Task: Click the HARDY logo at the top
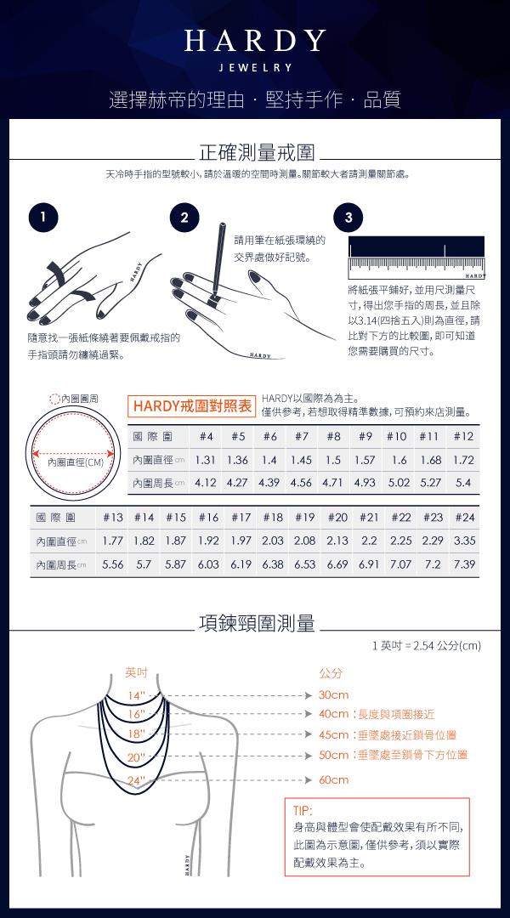[255, 50]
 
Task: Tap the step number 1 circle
[42, 218]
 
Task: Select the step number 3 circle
[348, 218]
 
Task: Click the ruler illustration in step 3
[416, 258]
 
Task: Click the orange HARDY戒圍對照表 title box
[191, 406]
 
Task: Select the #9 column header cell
[365, 436]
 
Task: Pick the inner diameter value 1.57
[365, 460]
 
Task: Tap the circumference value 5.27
[431, 483]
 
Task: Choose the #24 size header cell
[464, 518]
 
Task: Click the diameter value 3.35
[464, 541]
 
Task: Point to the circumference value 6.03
[208, 564]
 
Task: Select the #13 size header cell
[113, 518]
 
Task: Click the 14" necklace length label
[136, 695]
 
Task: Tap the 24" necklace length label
[137, 779]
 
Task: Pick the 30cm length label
[333, 695]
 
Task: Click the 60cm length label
[334, 779]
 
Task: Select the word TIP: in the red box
[303, 811]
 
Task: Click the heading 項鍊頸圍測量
[257, 624]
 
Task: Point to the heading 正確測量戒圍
[257, 152]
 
